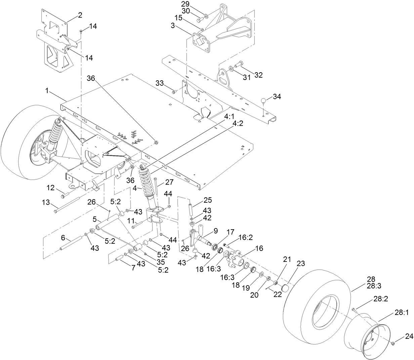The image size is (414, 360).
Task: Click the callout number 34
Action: (x=277, y=97)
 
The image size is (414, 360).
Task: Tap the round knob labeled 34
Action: (x=264, y=100)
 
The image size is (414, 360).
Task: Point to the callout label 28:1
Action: (x=402, y=313)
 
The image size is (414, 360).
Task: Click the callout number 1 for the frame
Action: (x=48, y=91)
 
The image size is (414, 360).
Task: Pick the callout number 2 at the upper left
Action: (x=80, y=15)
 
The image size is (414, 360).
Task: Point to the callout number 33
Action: (x=160, y=82)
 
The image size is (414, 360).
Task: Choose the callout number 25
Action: (x=208, y=200)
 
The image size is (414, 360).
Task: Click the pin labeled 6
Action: (x=71, y=243)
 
